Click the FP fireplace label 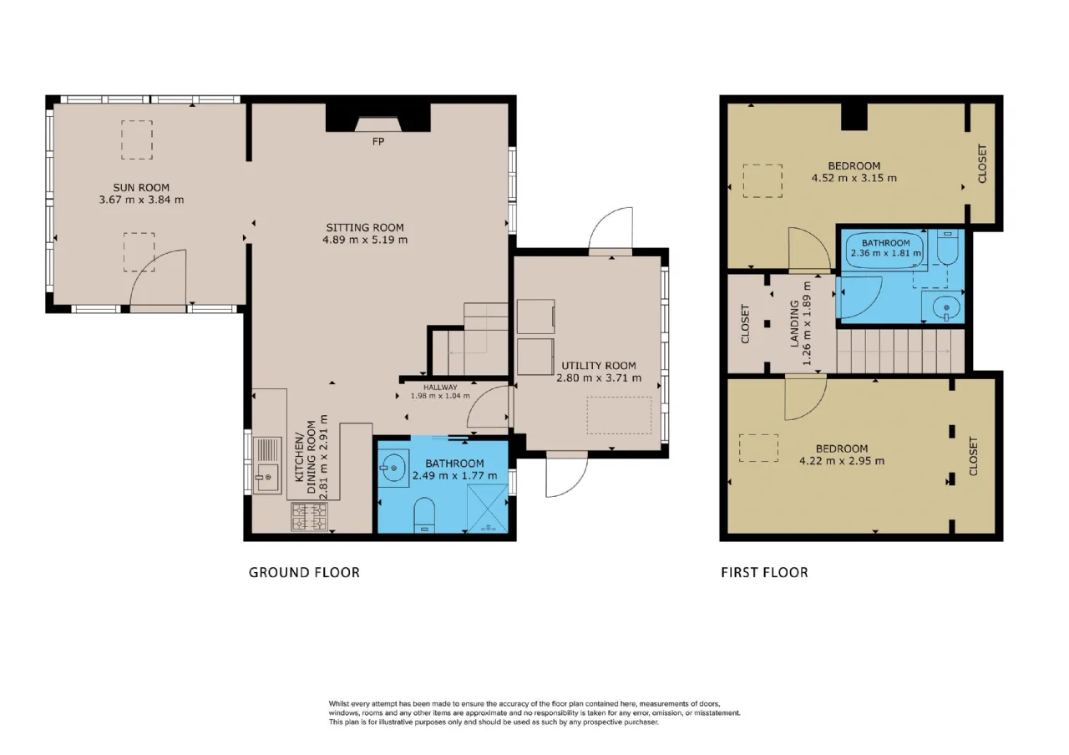(378, 142)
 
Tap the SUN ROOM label (141, 188)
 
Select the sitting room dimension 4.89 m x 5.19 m (365, 240)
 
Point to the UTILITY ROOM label (599, 366)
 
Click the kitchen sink (267, 465)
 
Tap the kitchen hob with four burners (309, 517)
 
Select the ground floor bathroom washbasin (393, 468)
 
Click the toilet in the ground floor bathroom (424, 515)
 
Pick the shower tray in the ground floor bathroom (487, 509)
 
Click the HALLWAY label (440, 388)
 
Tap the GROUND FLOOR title (304, 572)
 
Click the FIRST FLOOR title (764, 572)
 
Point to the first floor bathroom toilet (947, 246)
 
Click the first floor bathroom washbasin (944, 307)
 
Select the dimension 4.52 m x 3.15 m (854, 178)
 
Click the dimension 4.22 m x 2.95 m (842, 461)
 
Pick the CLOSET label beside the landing (745, 323)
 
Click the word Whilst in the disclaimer (338, 703)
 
